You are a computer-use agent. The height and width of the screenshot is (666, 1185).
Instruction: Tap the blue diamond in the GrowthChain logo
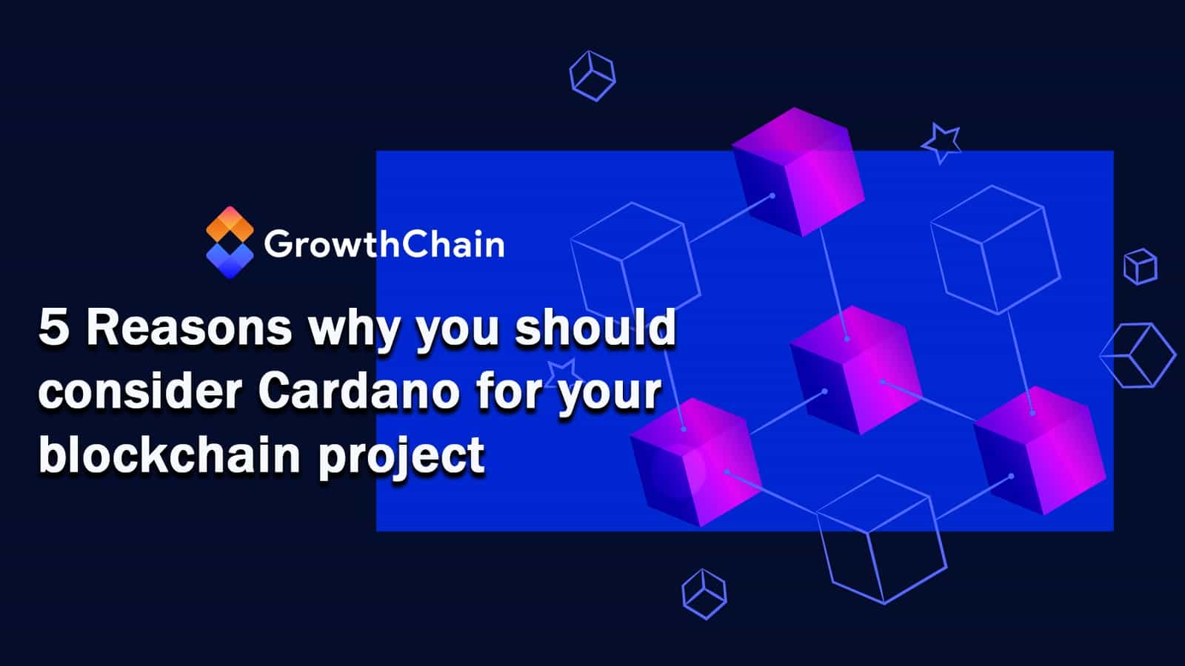point(230,259)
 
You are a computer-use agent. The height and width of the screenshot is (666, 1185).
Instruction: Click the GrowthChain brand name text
point(384,244)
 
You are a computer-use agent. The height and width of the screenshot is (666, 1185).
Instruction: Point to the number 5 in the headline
point(53,328)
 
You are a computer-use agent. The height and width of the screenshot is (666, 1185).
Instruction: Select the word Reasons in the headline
point(189,328)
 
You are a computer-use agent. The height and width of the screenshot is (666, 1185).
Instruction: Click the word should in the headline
point(595,328)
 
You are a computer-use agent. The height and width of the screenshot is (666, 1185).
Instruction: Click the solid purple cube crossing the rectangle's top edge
point(798,172)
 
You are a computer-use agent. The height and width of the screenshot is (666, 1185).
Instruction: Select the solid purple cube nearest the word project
point(695,462)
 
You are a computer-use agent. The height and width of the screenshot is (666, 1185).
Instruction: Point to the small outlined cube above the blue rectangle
point(592,75)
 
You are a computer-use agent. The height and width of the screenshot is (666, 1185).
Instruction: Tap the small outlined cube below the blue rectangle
point(704,593)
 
